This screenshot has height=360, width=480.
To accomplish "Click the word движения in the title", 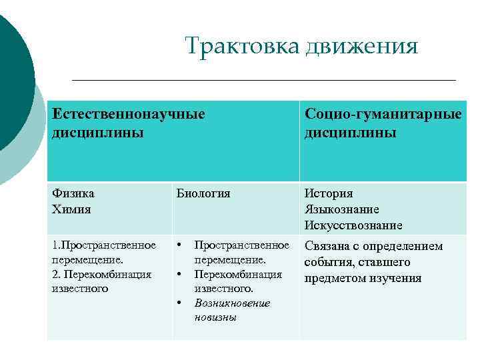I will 361,47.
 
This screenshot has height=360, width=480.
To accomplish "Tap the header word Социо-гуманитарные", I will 383,114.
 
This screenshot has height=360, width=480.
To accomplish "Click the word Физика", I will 73,194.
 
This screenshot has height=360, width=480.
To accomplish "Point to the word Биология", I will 203,194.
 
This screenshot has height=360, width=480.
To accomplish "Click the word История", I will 329,194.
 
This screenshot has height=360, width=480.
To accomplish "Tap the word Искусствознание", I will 353,225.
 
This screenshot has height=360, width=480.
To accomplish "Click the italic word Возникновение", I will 233,303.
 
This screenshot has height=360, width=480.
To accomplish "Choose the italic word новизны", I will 215,317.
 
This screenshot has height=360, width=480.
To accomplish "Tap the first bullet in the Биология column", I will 179,245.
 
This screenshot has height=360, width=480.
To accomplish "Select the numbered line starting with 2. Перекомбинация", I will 101,274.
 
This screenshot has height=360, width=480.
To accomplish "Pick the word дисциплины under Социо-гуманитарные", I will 350,133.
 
